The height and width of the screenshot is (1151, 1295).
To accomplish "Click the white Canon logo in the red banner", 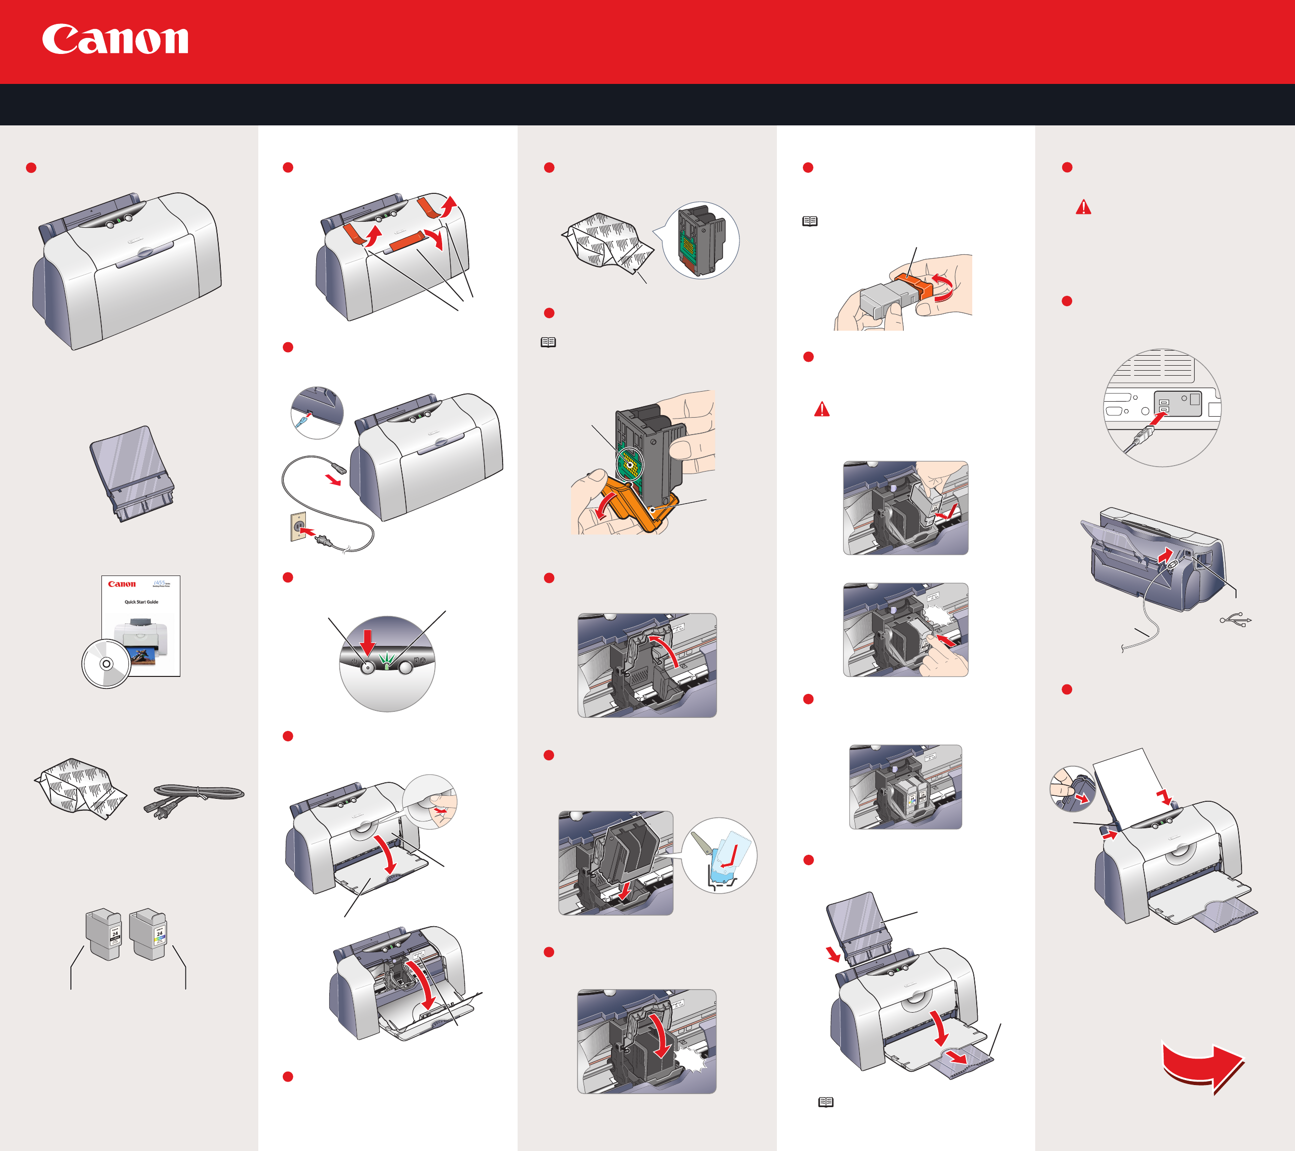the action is (x=115, y=39).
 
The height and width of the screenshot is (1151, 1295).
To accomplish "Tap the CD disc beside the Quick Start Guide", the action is (x=106, y=664).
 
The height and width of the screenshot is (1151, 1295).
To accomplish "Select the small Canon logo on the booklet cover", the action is (x=121, y=584).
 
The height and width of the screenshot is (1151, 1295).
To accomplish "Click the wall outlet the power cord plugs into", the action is (x=298, y=526).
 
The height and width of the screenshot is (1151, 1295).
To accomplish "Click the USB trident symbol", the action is (x=1236, y=621).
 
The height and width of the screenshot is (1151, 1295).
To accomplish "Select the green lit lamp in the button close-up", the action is (x=387, y=661).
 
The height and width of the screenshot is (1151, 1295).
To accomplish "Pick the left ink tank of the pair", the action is (x=104, y=934).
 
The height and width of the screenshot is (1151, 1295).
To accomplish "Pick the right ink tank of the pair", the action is (x=148, y=934).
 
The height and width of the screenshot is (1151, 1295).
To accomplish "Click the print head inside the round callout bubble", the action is (x=700, y=240).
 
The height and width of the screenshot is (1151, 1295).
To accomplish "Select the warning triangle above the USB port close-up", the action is (x=1083, y=207).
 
